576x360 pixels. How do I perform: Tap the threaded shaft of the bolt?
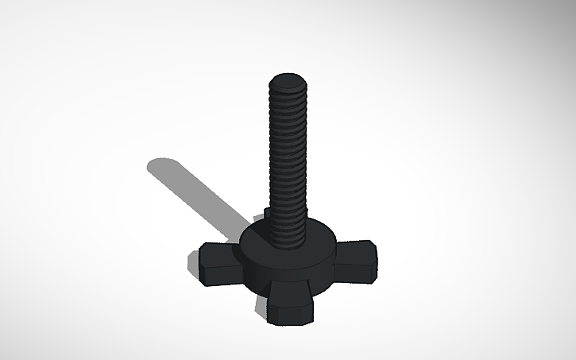288,159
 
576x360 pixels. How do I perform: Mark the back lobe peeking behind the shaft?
265,212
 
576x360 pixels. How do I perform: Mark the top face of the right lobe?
354,250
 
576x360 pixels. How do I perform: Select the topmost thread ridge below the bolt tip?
288,93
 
